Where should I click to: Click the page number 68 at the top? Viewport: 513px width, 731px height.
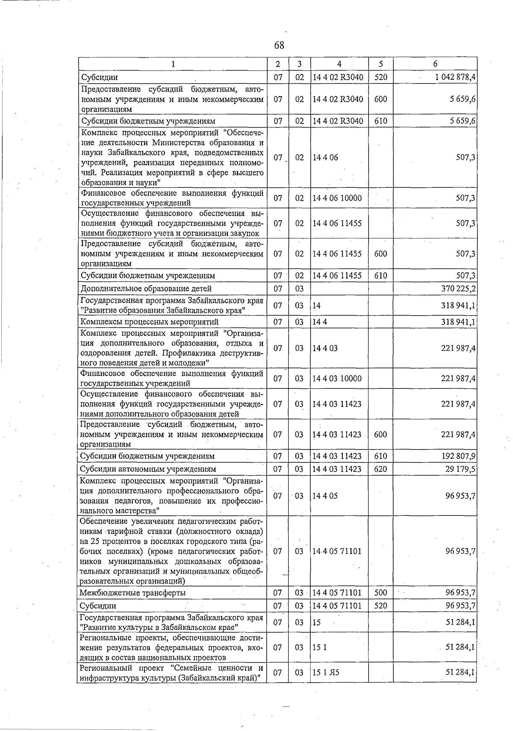[279, 45]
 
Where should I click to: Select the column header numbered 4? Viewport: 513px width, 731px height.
[339, 64]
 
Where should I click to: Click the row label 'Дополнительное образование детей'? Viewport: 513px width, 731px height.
[147, 289]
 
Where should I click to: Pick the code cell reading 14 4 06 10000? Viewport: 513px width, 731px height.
[337, 198]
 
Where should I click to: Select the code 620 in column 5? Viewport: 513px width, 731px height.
[380, 469]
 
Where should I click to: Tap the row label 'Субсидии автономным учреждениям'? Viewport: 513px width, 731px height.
[148, 469]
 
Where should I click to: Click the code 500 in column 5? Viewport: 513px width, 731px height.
[380, 593]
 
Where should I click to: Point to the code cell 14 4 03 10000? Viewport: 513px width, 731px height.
[337, 379]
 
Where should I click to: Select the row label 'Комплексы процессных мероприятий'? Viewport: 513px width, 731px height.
[150, 322]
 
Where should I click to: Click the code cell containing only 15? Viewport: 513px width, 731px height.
[317, 622]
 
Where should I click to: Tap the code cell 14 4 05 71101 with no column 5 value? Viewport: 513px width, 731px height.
[337, 551]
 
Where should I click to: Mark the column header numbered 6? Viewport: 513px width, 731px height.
[435, 64]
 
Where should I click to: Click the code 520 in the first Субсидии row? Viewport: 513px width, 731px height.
[380, 77]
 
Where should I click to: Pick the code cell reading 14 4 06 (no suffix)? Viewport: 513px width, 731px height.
[325, 157]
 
